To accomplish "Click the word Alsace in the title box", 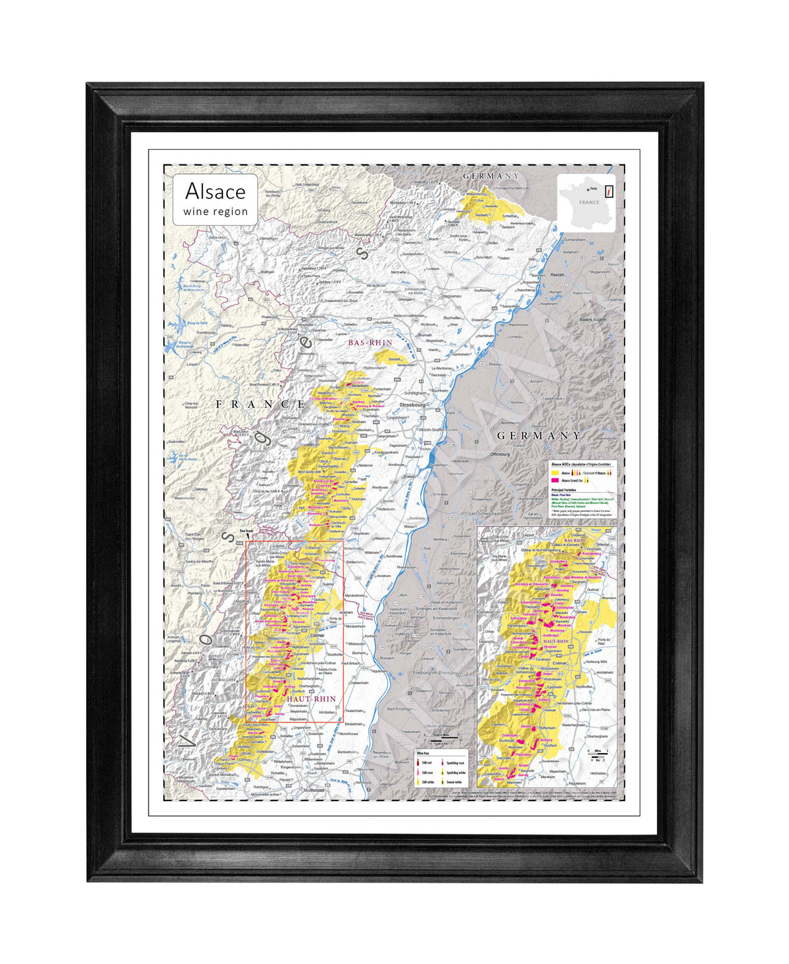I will click(x=215, y=191).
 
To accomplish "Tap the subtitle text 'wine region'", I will click(x=216, y=212).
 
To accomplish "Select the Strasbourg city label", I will click(x=412, y=405).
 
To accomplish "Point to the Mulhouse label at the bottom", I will click(x=314, y=790).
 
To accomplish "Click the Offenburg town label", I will click(x=500, y=454).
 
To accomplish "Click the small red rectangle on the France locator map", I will click(x=610, y=191).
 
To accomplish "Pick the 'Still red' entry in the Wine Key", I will click(x=427, y=763).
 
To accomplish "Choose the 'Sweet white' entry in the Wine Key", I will click(x=454, y=782).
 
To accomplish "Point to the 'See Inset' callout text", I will click(x=246, y=530).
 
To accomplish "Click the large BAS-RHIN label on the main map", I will click(x=370, y=342).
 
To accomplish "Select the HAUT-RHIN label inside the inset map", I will click(x=556, y=641).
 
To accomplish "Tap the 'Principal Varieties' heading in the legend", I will click(x=565, y=490).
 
